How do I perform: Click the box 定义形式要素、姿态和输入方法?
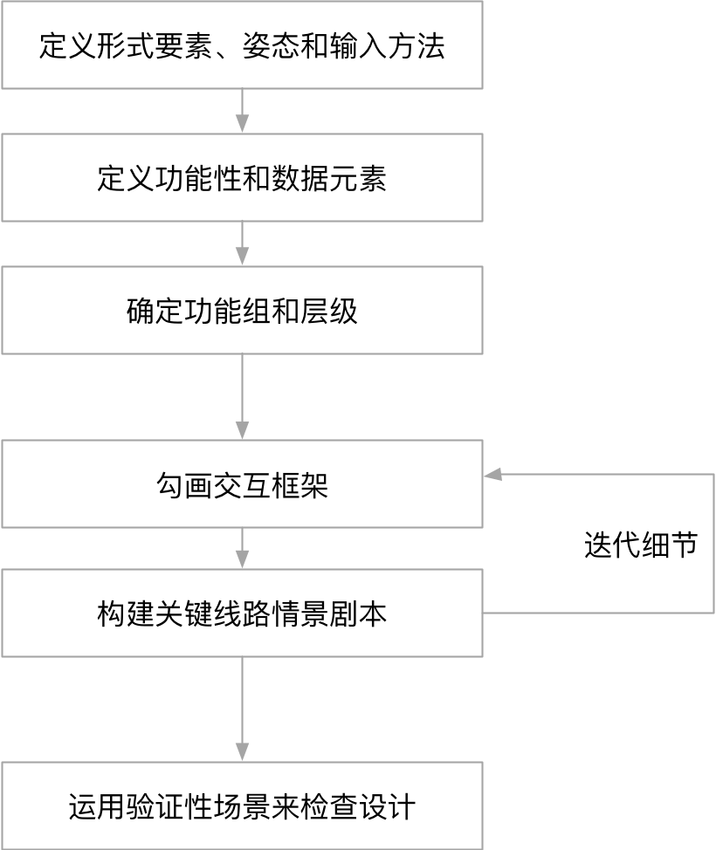tap(242, 45)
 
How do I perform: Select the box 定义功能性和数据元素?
tap(242, 178)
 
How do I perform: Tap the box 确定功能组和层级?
tap(242, 311)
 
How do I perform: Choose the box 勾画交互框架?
tap(242, 484)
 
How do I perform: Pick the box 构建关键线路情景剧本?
tap(242, 614)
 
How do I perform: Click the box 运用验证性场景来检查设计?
tap(242, 805)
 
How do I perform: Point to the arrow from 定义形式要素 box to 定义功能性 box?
tap(242, 111)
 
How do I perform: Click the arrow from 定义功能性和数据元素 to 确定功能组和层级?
tap(242, 243)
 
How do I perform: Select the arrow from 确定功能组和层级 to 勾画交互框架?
tap(242, 397)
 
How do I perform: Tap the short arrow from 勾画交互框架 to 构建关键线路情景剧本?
tap(242, 549)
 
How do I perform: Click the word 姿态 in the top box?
tap(270, 45)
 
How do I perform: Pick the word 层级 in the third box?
tap(338, 312)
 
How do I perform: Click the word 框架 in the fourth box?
tap(300, 485)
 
